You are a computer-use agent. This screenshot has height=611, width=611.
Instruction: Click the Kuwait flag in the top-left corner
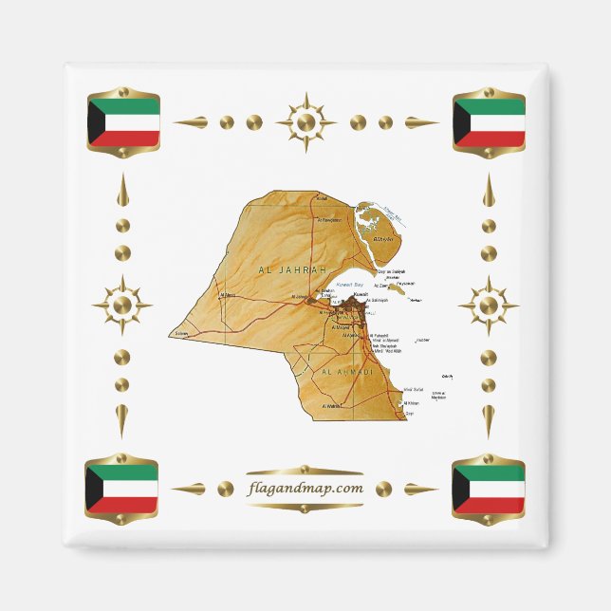point(122,121)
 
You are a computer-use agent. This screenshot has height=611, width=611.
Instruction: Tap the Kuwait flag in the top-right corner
point(489,121)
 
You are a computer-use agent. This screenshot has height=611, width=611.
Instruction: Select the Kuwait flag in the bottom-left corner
point(121,488)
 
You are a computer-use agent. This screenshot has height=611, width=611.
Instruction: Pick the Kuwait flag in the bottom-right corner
point(489,488)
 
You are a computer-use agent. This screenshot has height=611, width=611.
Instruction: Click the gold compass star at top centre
point(305,122)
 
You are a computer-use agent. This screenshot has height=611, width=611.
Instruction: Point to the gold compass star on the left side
point(121,305)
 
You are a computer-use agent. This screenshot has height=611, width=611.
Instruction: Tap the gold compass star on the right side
point(488,305)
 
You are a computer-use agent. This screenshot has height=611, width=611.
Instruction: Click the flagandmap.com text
point(305,489)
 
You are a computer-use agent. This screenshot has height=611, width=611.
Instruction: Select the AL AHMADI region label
point(348,373)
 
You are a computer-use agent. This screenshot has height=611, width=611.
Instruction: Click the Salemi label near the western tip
point(182,334)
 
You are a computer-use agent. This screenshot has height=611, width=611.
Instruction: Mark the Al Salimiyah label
point(378,300)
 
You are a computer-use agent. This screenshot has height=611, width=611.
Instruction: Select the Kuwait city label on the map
point(360,294)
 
